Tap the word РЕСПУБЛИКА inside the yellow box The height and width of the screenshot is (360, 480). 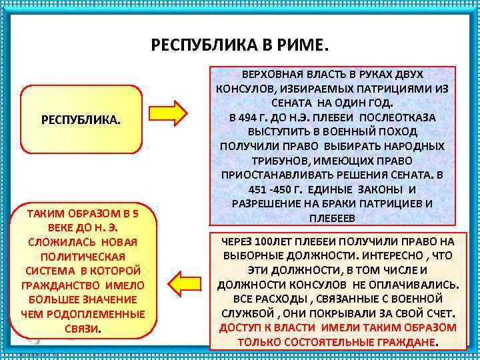[x=81, y=121]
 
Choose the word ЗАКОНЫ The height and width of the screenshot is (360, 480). [x=375, y=189]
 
